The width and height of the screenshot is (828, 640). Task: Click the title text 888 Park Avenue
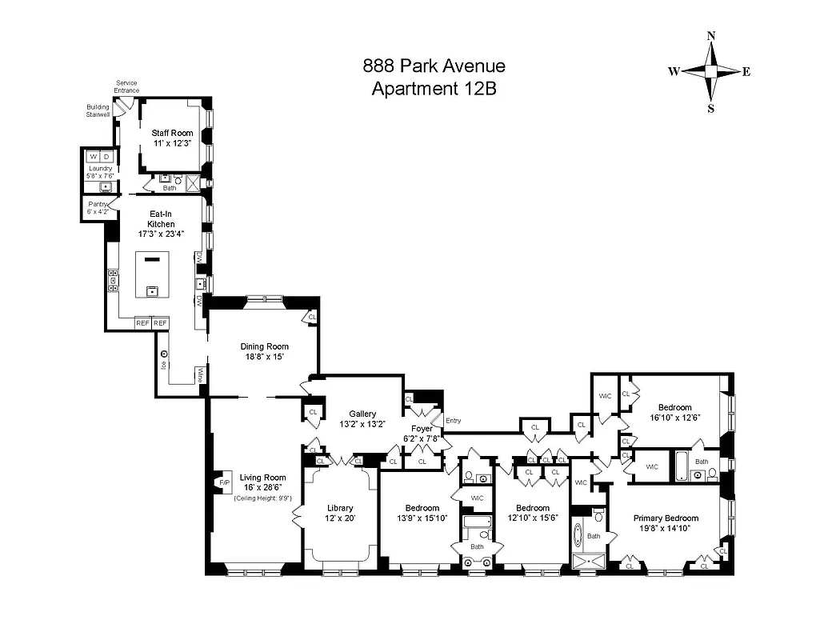[x=434, y=66]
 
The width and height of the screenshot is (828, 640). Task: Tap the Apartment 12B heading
[x=434, y=89]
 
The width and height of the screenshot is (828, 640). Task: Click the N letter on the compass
[x=710, y=36]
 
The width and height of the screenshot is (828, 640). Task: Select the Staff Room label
[x=172, y=133]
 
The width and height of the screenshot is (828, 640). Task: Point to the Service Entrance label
[x=126, y=86]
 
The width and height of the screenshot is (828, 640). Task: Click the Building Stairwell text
[x=98, y=110]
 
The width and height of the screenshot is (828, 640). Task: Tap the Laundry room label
[x=100, y=168]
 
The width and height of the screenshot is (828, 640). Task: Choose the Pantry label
[x=98, y=205]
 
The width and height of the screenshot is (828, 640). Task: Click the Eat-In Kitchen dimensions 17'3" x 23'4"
[x=161, y=234]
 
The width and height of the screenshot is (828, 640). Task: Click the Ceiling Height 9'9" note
[x=262, y=498]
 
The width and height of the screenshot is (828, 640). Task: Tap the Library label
[x=340, y=508]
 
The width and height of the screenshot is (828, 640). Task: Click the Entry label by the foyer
[x=453, y=421]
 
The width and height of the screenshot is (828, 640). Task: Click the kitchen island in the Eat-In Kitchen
[x=154, y=275]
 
